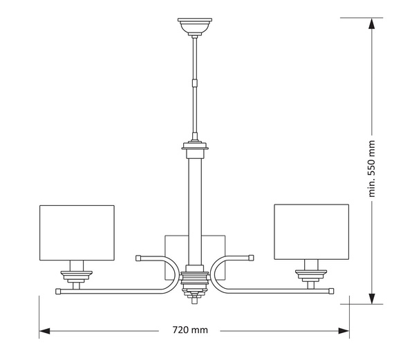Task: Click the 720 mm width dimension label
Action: (x=189, y=330)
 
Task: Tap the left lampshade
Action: (x=76, y=232)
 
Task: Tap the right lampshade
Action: (x=311, y=232)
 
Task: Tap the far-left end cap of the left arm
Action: (x=59, y=292)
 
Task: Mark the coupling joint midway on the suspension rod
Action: (x=194, y=82)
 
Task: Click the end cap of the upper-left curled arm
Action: (x=138, y=258)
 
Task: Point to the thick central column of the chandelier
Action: (x=194, y=207)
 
